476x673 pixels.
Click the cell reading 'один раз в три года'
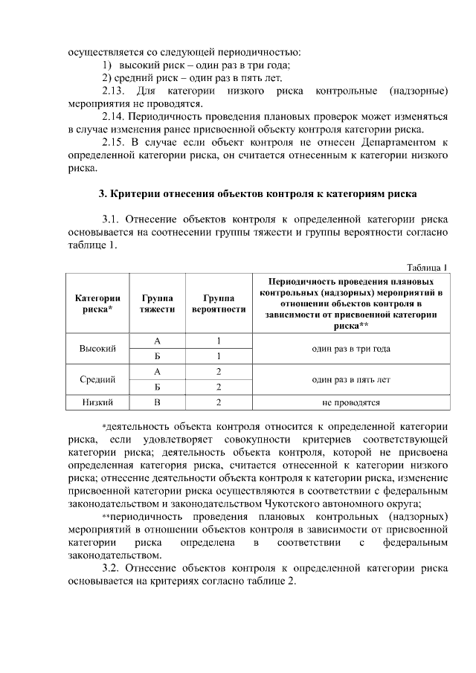352,348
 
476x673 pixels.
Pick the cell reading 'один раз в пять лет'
352,379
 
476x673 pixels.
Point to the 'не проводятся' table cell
352,403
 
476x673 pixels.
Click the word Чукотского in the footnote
297,503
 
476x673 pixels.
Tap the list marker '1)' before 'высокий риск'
107,65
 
